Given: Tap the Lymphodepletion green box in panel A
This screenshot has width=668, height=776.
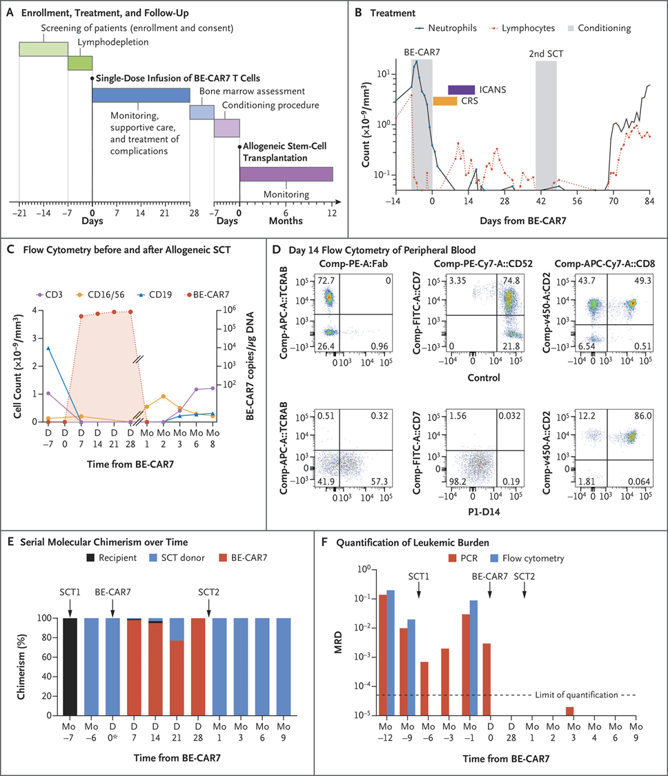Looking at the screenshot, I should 80,63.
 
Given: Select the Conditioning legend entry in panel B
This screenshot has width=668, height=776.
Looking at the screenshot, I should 602,28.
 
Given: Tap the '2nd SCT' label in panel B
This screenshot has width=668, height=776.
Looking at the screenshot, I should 545,52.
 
